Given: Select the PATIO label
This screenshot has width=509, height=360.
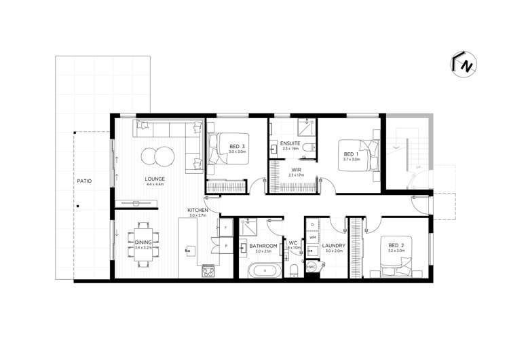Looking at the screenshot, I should coord(84,181).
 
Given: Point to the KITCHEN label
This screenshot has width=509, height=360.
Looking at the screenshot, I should coord(197,211).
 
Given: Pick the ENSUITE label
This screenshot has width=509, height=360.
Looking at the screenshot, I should coord(290,143).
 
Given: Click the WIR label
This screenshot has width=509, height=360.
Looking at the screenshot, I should coord(297,170).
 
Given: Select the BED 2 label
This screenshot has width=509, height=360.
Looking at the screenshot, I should coord(396,245).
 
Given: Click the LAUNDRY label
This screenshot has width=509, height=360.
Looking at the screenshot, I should coord(335,245).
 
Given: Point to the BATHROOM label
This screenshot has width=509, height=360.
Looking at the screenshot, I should coord(263,245).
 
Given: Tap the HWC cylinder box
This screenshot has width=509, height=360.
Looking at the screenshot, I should coord(312,268).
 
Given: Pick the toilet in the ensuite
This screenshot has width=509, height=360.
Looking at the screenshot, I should coord(308,147).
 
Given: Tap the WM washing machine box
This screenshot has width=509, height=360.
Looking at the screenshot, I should coord(312,237).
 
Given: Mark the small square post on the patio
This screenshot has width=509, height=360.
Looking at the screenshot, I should coord(78,206).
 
